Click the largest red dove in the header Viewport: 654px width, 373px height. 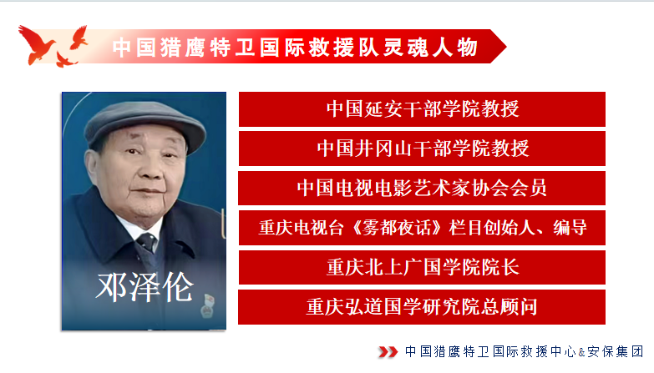(37, 44)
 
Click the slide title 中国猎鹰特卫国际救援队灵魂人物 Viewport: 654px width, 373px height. (295, 47)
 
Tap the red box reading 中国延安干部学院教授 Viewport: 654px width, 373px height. (422, 109)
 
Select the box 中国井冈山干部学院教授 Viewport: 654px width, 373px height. (422, 149)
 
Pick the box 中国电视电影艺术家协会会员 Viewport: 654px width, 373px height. (422, 188)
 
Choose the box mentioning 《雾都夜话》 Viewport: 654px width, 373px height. (422, 228)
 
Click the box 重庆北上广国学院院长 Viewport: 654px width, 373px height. (422, 267)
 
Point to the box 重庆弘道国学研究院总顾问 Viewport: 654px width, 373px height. (422, 307)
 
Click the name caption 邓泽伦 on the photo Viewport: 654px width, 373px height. (144, 287)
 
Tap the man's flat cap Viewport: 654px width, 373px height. (144, 123)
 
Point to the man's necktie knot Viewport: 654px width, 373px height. (147, 240)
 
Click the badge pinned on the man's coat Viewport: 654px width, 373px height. (207, 306)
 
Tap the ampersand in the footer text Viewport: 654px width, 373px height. (581, 353)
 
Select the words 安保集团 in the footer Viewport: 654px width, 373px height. (616, 352)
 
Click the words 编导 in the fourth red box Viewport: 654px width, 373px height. (570, 228)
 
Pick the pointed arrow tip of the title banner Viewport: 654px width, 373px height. (506, 46)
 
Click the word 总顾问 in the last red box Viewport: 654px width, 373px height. (509, 307)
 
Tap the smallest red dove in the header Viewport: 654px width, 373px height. (66, 59)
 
